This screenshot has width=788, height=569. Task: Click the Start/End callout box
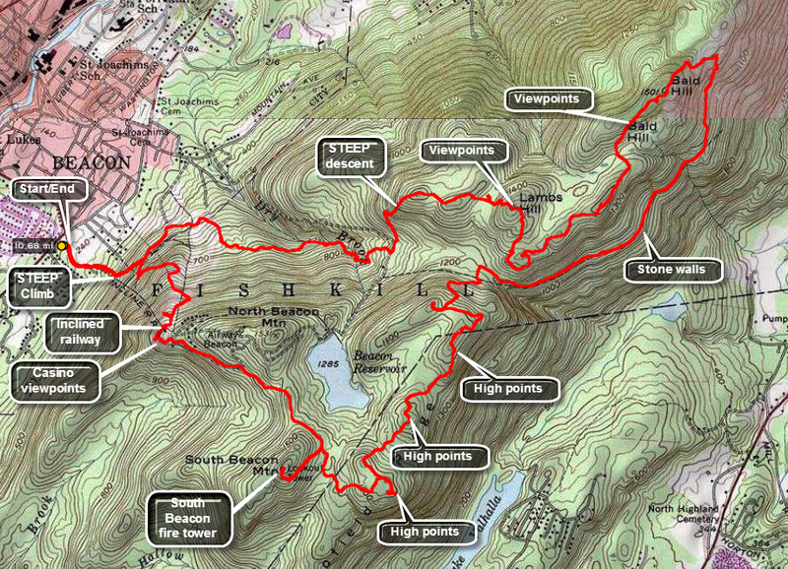[38, 188]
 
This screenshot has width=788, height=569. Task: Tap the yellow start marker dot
[62, 245]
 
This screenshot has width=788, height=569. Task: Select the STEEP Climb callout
[44, 285]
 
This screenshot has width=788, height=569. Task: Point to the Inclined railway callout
[86, 332]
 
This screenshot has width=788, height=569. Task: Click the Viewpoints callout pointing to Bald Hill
[551, 99]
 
